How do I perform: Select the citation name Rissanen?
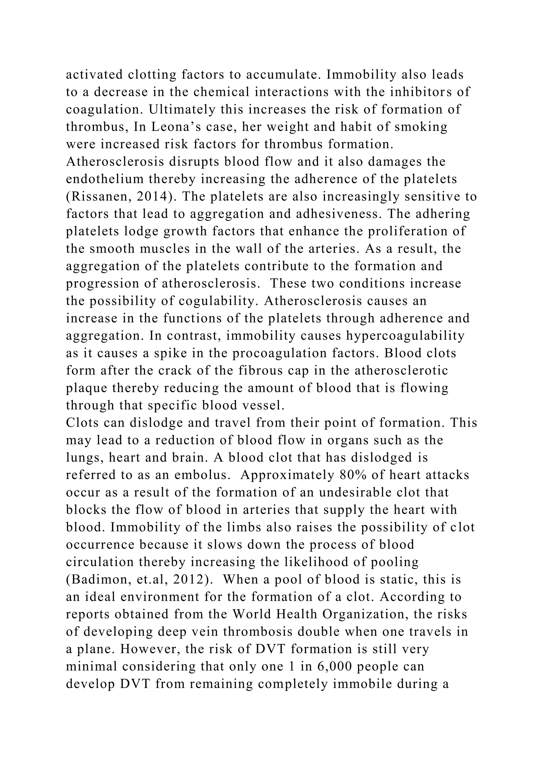pos(99,197)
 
